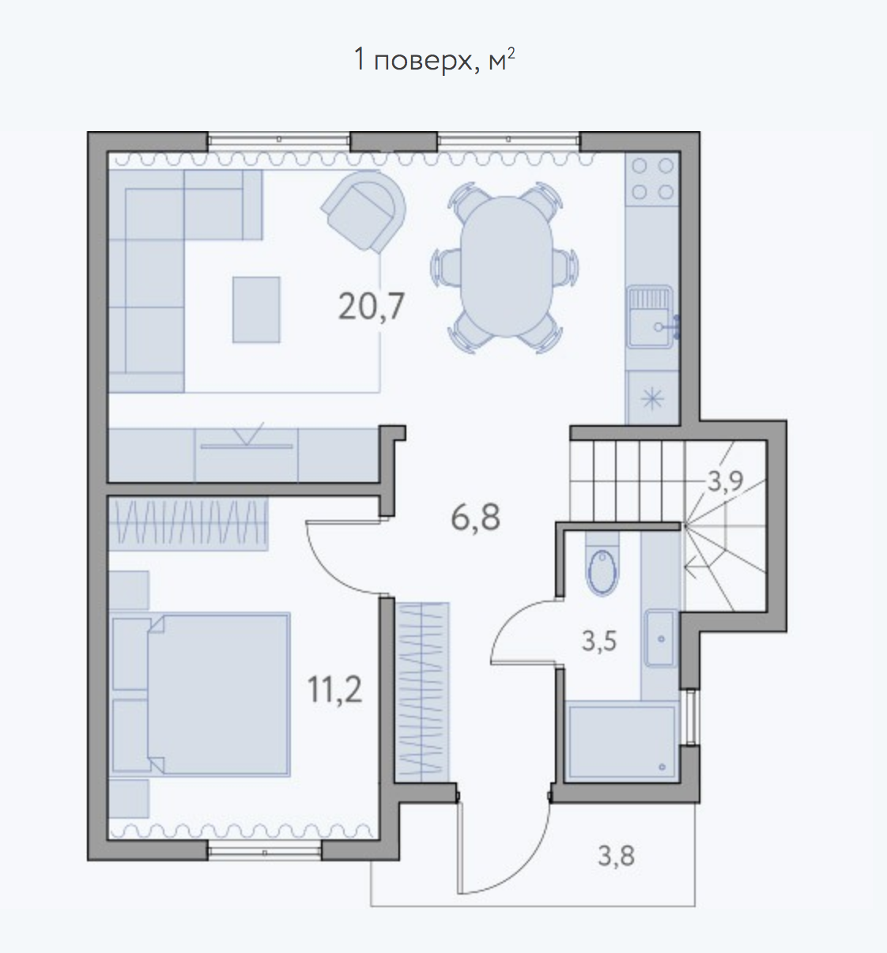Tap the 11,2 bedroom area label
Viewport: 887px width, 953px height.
[x=334, y=690]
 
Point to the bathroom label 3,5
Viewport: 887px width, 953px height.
[x=599, y=641]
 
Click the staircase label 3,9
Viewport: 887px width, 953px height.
[x=725, y=481]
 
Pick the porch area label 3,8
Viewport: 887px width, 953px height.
[x=616, y=856]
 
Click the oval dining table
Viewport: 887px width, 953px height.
[x=507, y=266]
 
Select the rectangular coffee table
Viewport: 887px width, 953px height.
[x=256, y=310]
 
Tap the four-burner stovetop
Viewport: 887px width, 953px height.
[x=652, y=179]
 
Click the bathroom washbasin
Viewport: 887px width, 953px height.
[x=661, y=638]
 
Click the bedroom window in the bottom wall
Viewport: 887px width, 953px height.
[x=265, y=852]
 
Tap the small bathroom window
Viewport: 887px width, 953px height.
[x=691, y=718]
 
